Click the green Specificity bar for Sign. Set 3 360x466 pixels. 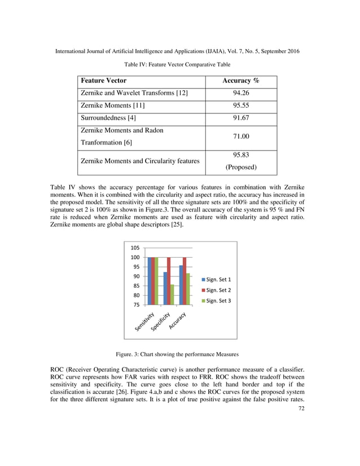coord(172,294)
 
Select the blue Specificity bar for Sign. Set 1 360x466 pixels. coord(165,288)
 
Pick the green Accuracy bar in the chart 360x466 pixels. coord(187,289)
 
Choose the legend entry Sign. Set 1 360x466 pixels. coord(217,279)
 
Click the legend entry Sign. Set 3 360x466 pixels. coord(217,301)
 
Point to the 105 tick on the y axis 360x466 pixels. coord(136,248)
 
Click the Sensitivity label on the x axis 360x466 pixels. coord(145,321)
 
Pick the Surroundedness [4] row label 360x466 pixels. coord(109,118)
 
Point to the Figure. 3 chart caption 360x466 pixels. coord(177,354)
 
